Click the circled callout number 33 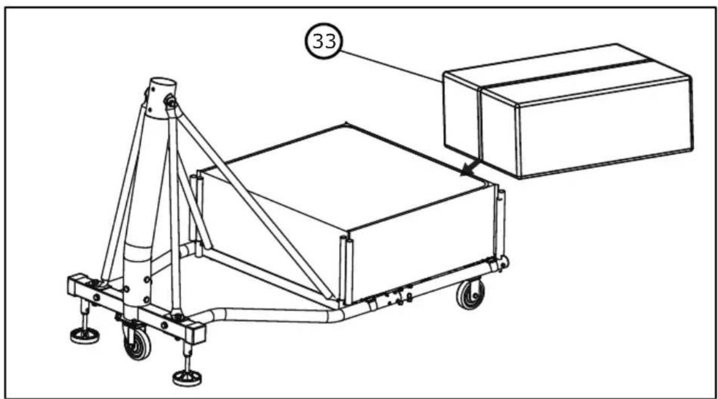click(324, 42)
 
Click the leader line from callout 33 click(393, 63)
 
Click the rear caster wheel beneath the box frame click(471, 294)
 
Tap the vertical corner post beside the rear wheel click(500, 222)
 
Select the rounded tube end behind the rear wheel click(504, 262)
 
